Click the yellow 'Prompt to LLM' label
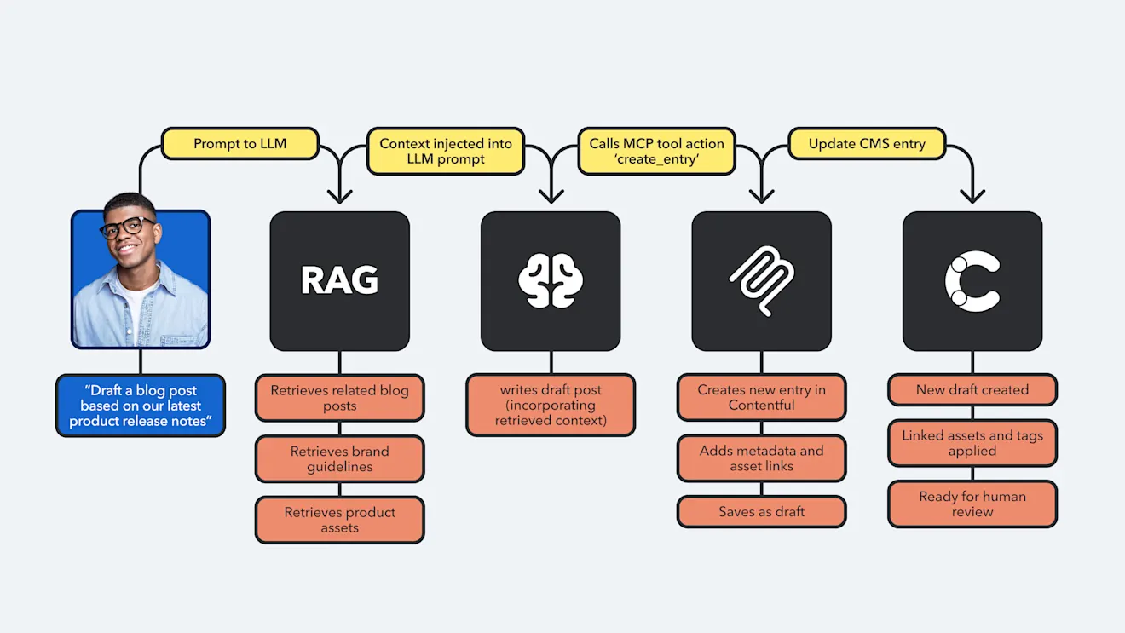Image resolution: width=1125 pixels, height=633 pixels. point(239,143)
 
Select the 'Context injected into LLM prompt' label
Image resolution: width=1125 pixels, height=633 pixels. point(446,151)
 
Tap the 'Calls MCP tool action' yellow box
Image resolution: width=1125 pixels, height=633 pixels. point(656,151)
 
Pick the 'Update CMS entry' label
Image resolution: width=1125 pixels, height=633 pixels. point(867,143)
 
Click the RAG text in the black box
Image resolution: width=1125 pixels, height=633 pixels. point(339,280)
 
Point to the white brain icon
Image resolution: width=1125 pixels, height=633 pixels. point(551,280)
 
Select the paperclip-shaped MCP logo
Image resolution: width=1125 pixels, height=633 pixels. point(761,280)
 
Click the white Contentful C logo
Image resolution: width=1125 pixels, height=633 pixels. point(972,280)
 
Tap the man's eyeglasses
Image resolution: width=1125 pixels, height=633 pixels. point(128,228)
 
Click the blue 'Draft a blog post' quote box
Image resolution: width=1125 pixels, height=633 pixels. point(141,406)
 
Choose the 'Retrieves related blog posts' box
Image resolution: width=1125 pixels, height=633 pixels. point(339,398)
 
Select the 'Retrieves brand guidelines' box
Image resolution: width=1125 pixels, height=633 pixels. point(339,458)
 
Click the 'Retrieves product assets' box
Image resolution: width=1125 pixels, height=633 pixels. point(339,520)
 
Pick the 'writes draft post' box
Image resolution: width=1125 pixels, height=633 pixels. point(551,405)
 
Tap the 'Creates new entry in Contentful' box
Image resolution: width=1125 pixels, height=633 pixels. point(761,397)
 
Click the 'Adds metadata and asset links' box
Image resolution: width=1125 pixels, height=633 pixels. point(761,458)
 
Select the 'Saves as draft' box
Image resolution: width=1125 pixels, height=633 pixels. point(761,512)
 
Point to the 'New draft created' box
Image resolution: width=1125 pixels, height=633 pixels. point(972,389)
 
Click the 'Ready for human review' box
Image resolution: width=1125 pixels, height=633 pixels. point(972,504)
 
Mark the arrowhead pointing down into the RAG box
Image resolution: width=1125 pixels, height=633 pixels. point(339,197)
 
